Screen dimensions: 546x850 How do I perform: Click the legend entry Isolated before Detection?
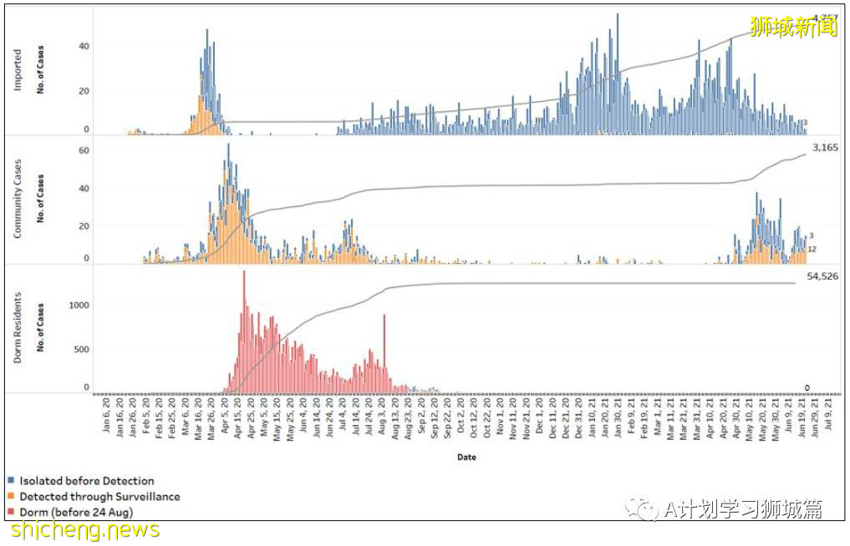point(86,481)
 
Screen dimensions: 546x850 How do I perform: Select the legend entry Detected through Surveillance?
point(99,496)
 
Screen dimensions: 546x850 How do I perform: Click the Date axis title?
point(467,457)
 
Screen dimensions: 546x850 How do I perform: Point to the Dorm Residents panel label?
point(18,328)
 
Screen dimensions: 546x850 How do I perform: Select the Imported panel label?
point(18,70)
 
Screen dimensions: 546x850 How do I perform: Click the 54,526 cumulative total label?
point(822,276)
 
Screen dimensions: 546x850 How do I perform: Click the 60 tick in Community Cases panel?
point(83,149)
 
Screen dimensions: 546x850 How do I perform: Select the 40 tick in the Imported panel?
point(83,46)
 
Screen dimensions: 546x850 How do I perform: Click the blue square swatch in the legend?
point(10,481)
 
